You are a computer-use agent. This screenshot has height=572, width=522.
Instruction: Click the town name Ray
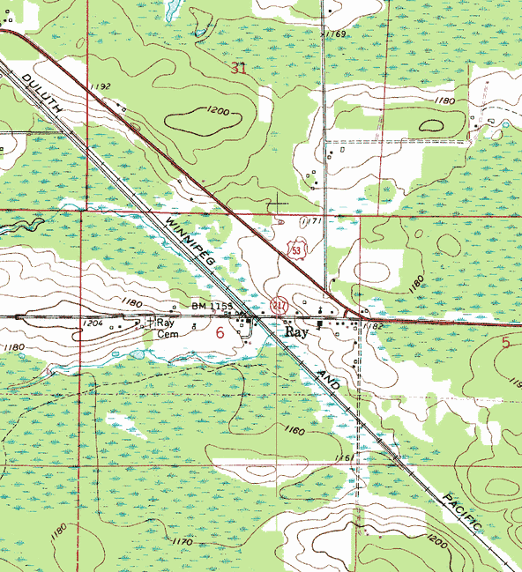point(296,334)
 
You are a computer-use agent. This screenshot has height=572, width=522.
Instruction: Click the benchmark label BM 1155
point(212,305)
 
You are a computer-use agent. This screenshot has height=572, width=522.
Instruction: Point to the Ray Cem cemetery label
point(168,328)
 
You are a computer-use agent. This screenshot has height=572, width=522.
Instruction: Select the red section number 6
point(220,332)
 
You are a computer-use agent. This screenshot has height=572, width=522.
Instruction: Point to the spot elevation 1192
point(100,86)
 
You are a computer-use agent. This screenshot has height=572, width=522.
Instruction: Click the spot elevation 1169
point(335,33)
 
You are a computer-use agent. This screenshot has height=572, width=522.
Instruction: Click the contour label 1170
point(182,541)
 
